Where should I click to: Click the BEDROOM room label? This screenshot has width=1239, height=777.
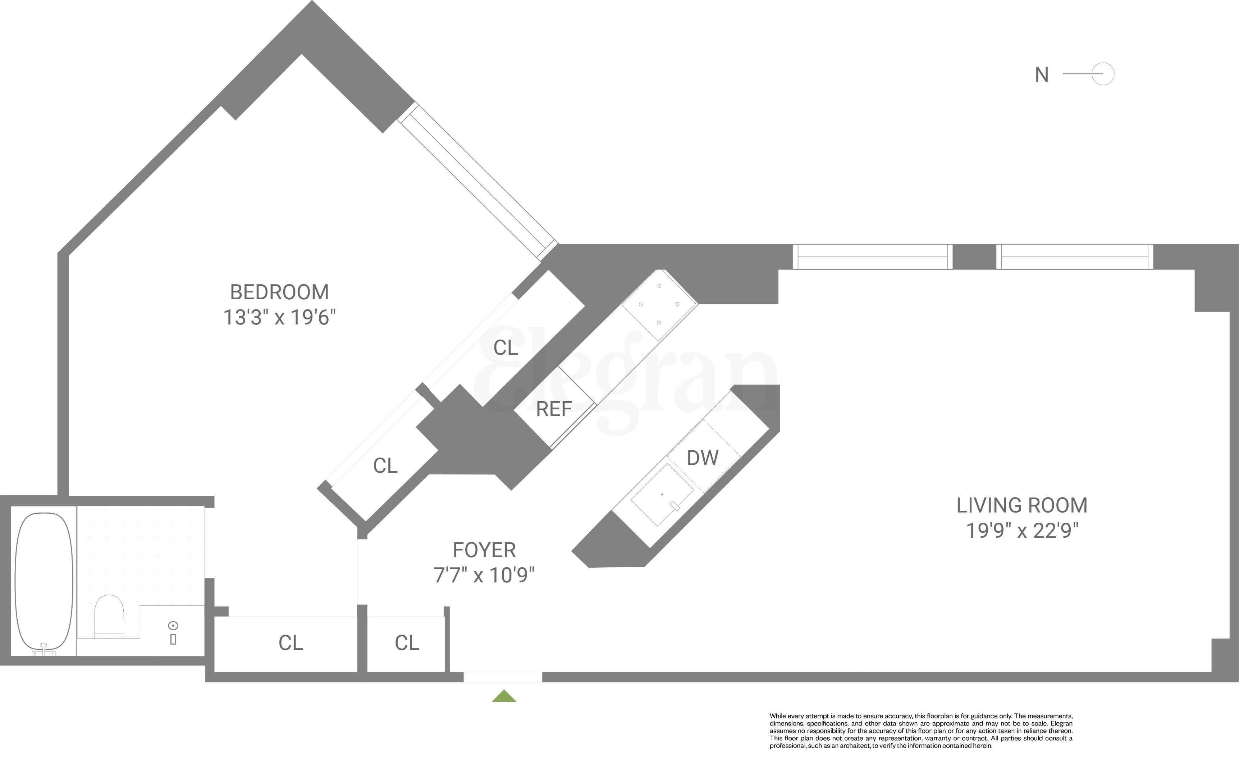(x=279, y=292)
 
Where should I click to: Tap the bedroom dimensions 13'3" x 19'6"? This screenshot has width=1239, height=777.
(x=279, y=318)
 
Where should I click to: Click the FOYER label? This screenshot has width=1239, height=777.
(x=484, y=550)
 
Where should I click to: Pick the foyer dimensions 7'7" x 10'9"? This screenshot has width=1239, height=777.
(x=484, y=576)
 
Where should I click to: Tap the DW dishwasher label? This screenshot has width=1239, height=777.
(x=702, y=458)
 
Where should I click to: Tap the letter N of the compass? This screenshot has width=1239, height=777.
(x=1041, y=75)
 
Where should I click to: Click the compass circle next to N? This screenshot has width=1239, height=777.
(x=1103, y=74)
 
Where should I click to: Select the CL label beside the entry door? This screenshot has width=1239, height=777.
(x=407, y=643)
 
